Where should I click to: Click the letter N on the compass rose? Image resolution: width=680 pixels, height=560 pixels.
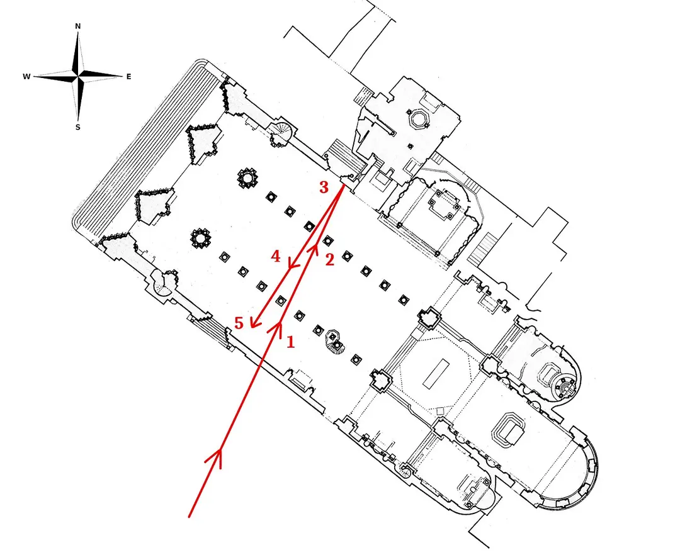click(78, 26)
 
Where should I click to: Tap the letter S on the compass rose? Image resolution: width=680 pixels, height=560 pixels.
click(78, 128)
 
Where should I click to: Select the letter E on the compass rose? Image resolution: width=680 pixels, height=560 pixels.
click(128, 77)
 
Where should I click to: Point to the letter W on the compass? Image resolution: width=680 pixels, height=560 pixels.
click(26, 77)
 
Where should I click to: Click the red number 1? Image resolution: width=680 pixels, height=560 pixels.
click(290, 342)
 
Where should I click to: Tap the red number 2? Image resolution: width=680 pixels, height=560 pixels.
click(329, 260)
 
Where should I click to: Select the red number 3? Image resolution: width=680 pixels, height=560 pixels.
click(324, 188)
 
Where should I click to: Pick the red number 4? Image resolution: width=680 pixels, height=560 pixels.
click(276, 256)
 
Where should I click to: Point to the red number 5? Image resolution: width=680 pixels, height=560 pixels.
click(239, 323)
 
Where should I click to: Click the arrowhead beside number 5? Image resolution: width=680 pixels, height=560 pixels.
click(254, 322)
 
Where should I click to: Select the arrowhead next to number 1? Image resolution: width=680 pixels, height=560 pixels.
click(278, 327)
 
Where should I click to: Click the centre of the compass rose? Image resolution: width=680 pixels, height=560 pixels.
click(78, 77)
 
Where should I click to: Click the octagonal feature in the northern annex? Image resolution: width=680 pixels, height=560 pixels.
click(418, 119)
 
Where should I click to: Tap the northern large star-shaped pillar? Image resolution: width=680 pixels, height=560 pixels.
click(247, 177)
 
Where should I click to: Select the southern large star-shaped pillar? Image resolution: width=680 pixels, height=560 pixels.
click(200, 238)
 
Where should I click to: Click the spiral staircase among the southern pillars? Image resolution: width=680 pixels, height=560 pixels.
click(335, 342)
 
